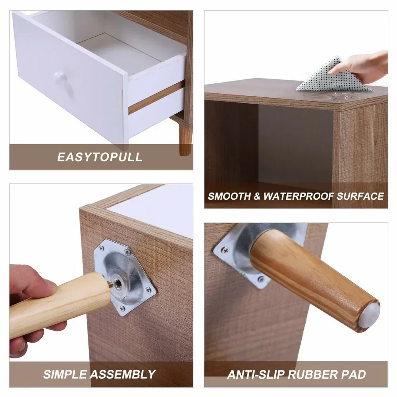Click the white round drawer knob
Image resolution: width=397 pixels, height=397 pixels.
point(60,77)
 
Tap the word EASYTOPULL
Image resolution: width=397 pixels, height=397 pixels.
point(100,156)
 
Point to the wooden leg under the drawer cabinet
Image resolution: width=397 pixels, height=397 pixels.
point(185,139)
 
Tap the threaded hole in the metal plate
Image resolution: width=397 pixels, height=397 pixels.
point(118,283)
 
